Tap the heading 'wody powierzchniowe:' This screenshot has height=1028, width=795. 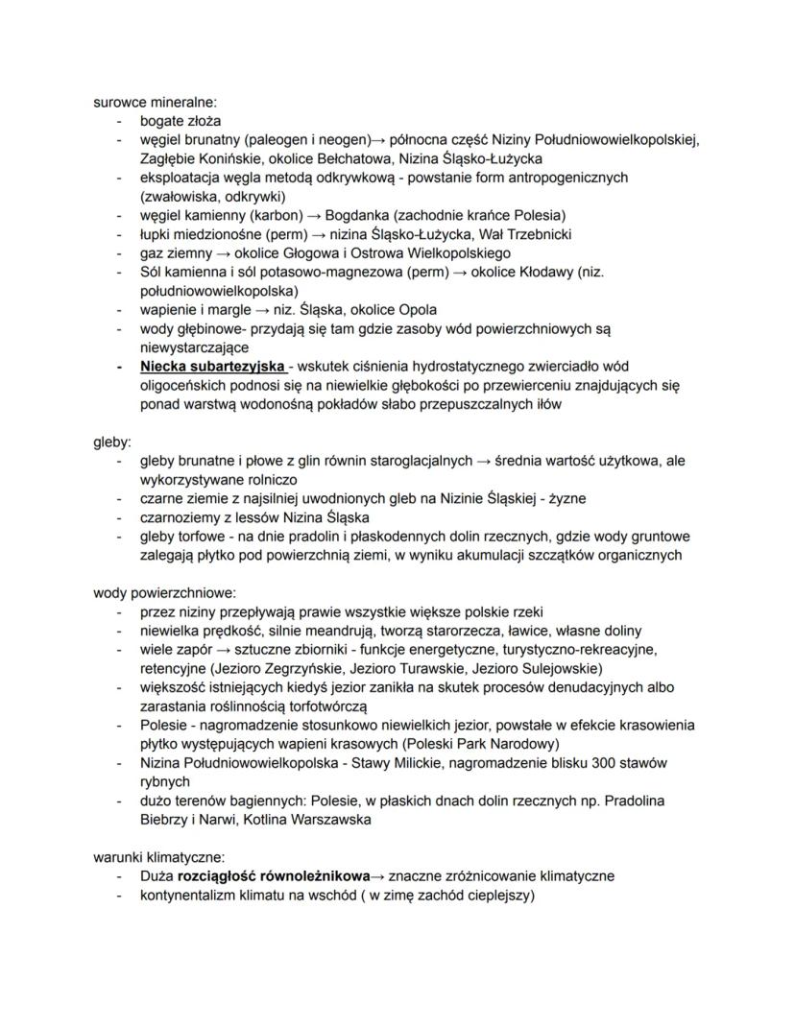click(x=164, y=592)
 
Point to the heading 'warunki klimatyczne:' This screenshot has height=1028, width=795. click(x=158, y=856)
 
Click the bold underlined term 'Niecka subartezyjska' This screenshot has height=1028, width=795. click(x=212, y=367)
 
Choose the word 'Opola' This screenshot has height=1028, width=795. click(x=417, y=309)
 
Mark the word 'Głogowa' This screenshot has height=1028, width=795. click(x=282, y=252)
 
